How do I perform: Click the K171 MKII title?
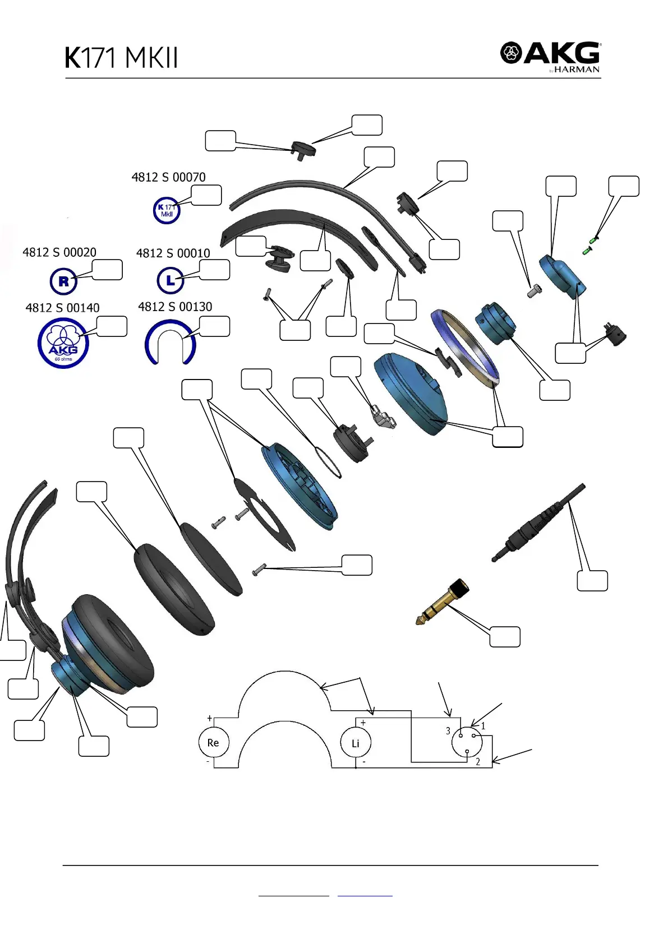click(x=122, y=57)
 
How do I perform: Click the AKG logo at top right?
click(x=550, y=54)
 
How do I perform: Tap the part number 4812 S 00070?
click(x=168, y=177)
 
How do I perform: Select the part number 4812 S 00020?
click(x=59, y=252)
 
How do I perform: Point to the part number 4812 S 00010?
click(x=173, y=253)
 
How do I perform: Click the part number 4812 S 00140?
click(x=62, y=308)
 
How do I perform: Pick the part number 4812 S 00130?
click(x=175, y=307)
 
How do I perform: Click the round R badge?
click(x=63, y=281)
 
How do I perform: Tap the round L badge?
click(x=171, y=280)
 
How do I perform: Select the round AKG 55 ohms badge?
click(x=63, y=343)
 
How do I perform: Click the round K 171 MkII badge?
click(x=167, y=211)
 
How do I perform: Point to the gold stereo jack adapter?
click(x=443, y=603)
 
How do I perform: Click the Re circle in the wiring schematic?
click(x=213, y=742)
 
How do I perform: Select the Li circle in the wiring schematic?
click(x=356, y=743)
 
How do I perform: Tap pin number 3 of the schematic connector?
click(x=448, y=731)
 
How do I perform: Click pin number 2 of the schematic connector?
click(x=478, y=761)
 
